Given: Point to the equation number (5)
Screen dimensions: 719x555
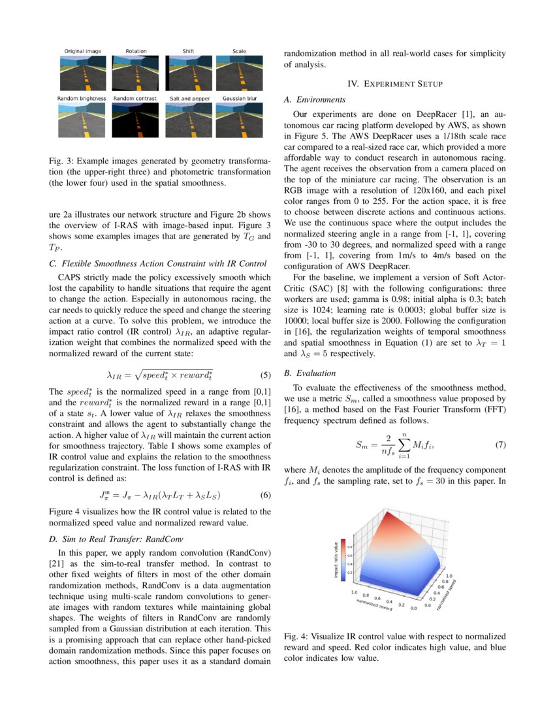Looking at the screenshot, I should pyautogui.click(x=265, y=375).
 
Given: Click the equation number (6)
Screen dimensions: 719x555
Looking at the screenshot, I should pyautogui.click(x=265, y=494).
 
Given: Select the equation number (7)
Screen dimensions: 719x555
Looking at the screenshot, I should pyautogui.click(x=500, y=445).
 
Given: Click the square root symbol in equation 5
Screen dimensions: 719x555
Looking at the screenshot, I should pyautogui.click(x=138, y=375).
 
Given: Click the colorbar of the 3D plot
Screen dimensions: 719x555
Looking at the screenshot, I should pyautogui.click(x=343, y=560).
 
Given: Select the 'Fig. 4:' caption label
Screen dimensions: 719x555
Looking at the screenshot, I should pyautogui.click(x=296, y=636).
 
